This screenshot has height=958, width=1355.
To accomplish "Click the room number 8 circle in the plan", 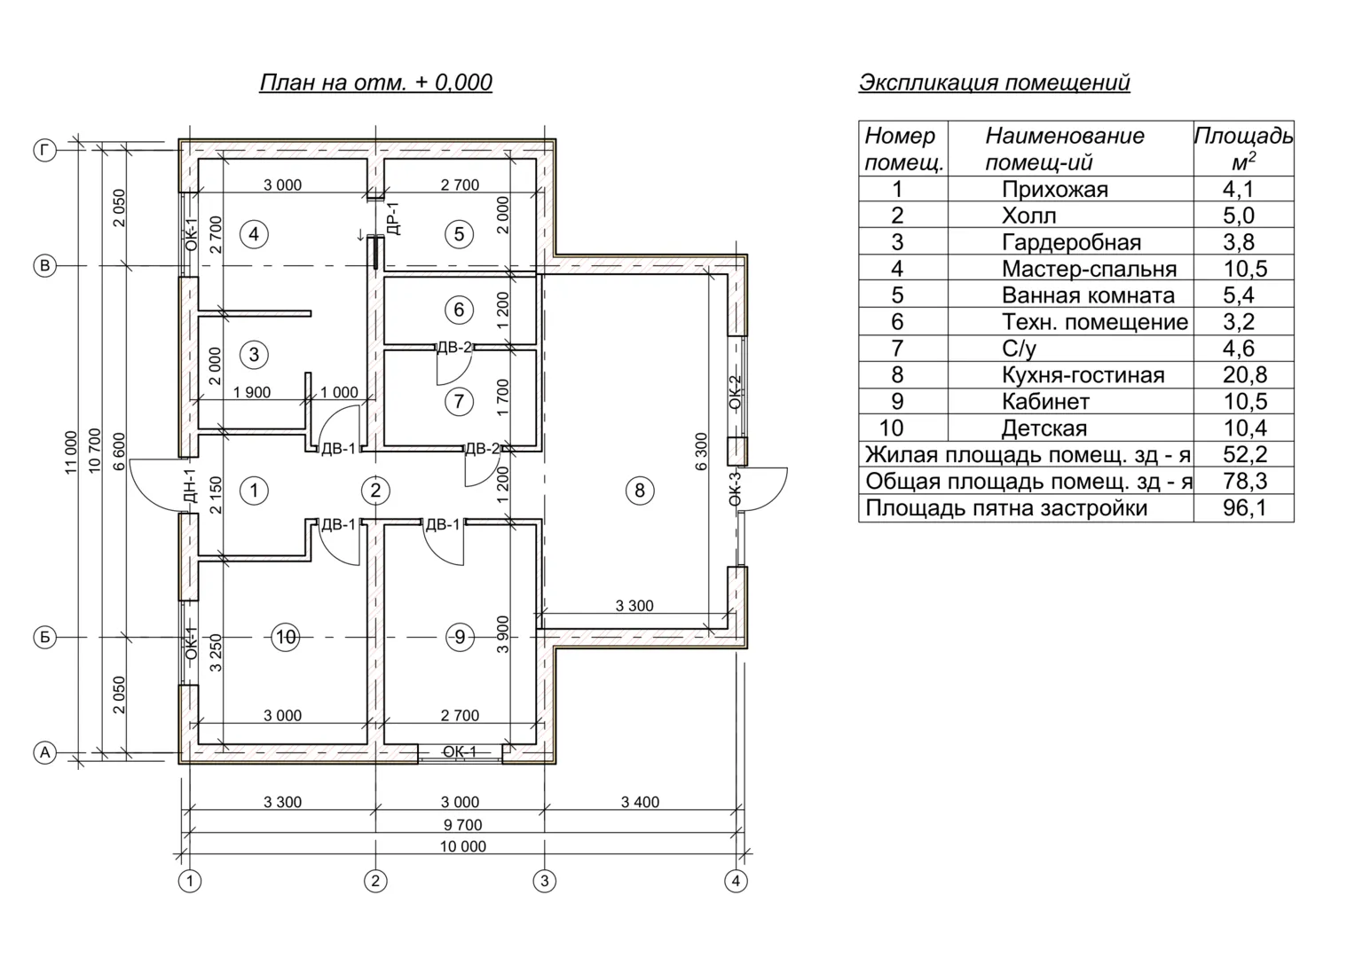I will [x=640, y=491].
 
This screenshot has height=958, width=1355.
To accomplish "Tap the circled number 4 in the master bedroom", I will [x=255, y=234].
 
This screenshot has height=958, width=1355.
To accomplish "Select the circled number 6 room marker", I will [x=459, y=310].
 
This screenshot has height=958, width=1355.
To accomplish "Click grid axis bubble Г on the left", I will [x=44, y=150].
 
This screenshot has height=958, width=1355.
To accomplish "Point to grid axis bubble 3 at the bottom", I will [x=544, y=881].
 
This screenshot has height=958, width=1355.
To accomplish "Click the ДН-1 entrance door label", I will [x=189, y=487].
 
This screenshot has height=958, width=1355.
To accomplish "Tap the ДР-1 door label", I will [x=393, y=218].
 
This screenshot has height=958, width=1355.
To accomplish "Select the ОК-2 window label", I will [x=735, y=393].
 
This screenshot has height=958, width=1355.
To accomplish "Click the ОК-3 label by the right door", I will [x=735, y=489].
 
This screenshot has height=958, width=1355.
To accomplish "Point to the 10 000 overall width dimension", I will [x=463, y=846].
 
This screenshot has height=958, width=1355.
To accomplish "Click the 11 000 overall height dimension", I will [x=72, y=452].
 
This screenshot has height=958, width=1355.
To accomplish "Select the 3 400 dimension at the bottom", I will [x=640, y=802].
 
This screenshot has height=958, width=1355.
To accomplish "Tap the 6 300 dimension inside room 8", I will [x=702, y=452].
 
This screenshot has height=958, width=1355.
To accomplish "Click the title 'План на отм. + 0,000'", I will [x=375, y=82].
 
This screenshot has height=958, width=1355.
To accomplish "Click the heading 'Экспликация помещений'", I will [x=994, y=82].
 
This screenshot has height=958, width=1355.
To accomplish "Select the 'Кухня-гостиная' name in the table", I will [x=1083, y=375].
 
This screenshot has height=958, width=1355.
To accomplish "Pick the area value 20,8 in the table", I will [x=1244, y=375].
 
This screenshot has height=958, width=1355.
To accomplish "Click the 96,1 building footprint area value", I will [x=1244, y=508].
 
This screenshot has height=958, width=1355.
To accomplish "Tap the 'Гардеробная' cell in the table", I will [x=1071, y=242].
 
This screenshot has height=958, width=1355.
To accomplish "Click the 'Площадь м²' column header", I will [x=1243, y=148].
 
